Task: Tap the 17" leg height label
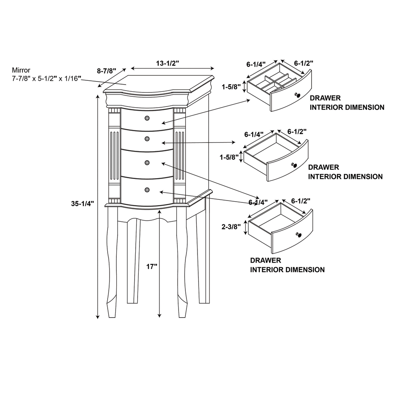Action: (152, 266)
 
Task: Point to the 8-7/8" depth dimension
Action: (107, 71)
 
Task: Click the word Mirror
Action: (21, 70)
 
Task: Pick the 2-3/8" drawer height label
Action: (231, 227)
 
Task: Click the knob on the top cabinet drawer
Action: (147, 118)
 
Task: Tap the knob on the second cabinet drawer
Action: (147, 139)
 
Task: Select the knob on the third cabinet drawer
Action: (147, 163)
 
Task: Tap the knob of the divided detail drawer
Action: (298, 94)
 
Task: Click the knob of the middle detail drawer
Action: (293, 165)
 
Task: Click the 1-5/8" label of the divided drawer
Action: (231, 86)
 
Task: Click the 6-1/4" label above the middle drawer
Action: (254, 134)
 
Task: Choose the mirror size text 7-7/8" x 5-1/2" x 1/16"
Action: (47, 78)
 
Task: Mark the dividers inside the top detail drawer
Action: (273, 81)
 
